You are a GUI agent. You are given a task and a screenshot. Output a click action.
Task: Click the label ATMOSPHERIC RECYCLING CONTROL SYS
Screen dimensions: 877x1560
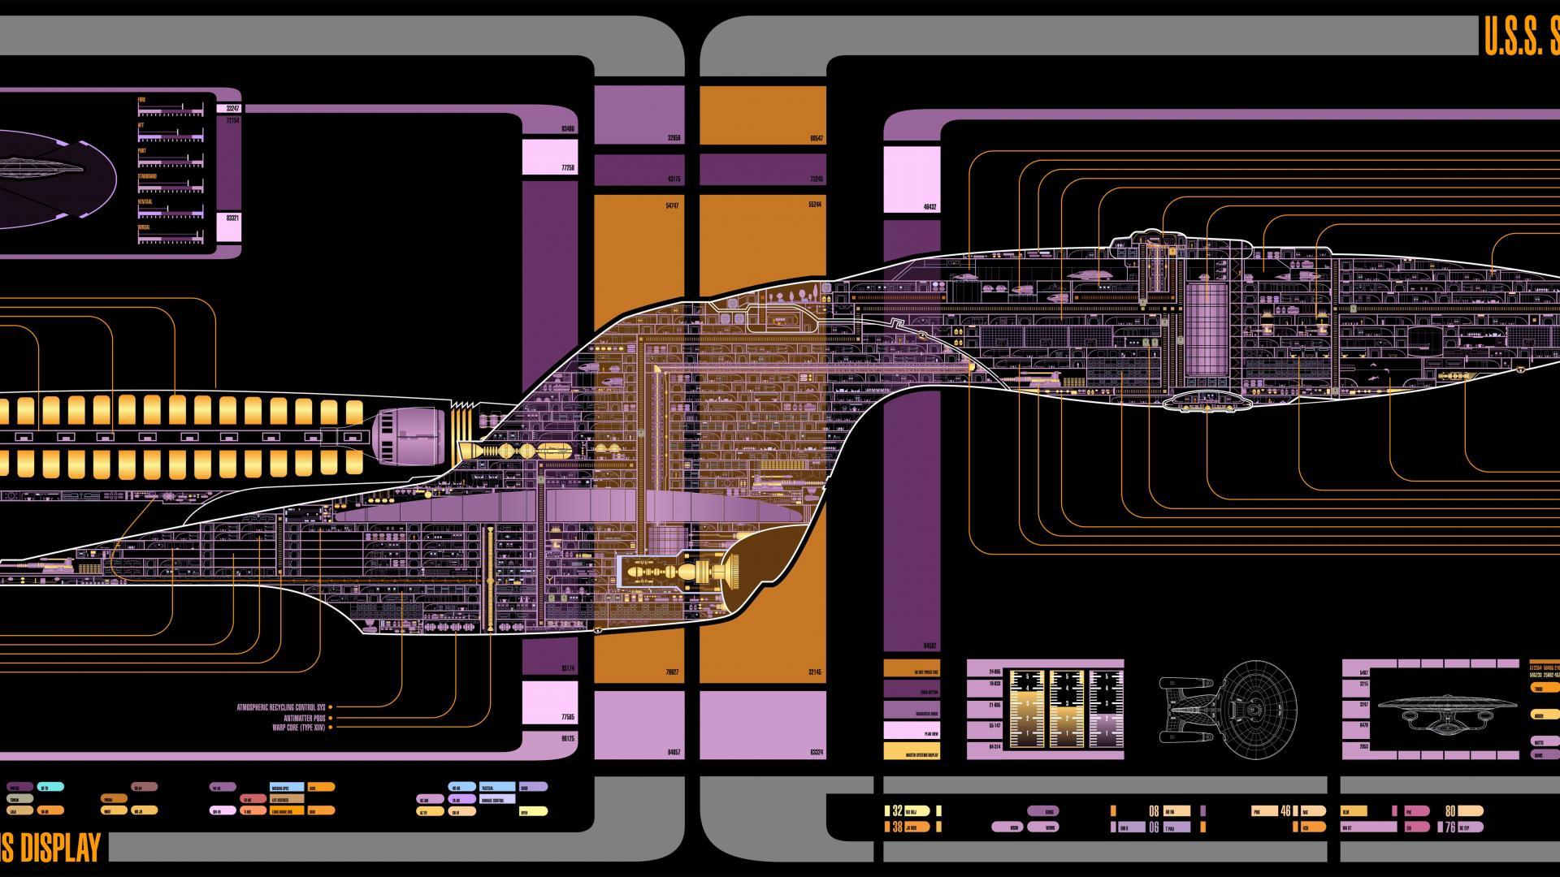click(280, 707)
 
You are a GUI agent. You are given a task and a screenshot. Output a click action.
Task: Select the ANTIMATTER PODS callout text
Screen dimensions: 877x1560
click(304, 718)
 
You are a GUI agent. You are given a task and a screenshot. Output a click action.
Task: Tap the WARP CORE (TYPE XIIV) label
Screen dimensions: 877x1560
click(298, 728)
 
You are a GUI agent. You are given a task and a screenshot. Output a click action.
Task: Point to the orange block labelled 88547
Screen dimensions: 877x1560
click(762, 115)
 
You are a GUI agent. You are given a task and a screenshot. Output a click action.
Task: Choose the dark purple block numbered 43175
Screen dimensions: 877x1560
click(639, 170)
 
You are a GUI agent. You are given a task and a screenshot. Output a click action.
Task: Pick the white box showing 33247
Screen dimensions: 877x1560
click(229, 108)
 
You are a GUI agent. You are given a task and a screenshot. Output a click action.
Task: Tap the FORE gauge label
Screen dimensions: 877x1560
click(142, 100)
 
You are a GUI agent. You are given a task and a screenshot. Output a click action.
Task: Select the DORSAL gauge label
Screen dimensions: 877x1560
click(145, 227)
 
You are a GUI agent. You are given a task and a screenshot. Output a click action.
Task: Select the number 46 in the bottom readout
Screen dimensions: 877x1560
click(1285, 810)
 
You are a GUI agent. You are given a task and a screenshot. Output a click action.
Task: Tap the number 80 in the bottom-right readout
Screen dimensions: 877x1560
click(1450, 810)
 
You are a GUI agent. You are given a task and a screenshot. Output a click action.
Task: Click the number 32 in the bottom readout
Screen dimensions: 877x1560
click(897, 810)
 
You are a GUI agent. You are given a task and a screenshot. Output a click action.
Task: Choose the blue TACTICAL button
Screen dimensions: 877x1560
click(497, 788)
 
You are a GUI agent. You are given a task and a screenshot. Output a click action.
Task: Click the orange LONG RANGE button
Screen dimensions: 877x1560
click(287, 810)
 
